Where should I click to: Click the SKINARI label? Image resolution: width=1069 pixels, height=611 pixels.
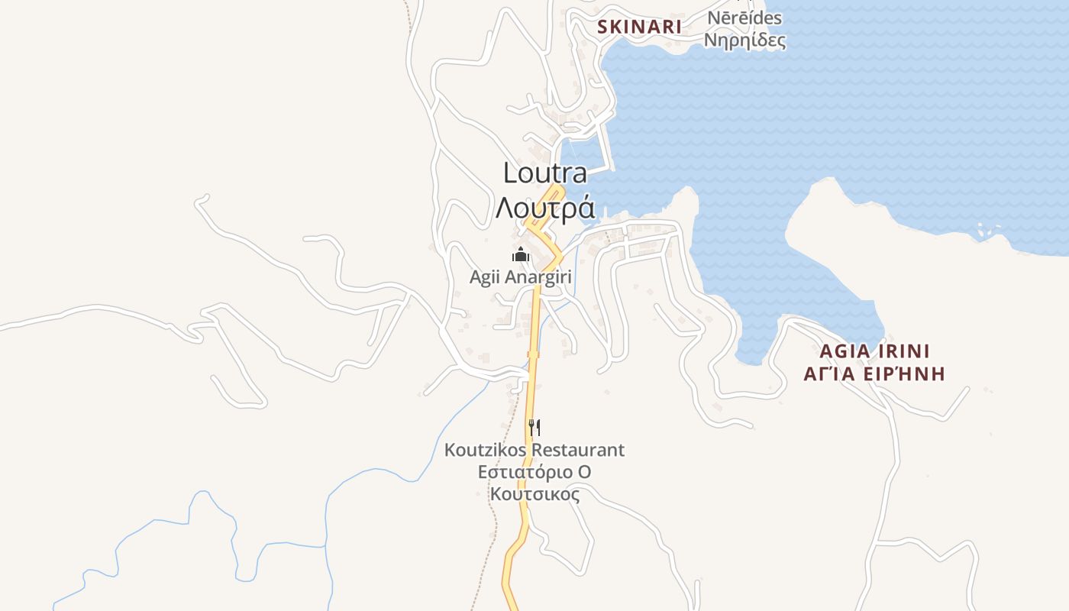(x=639, y=27)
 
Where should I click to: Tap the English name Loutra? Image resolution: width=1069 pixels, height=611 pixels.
(x=545, y=173)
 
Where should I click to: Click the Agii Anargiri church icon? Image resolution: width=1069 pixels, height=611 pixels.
(x=521, y=254)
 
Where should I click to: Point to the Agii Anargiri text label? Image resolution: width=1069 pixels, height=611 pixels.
(x=521, y=276)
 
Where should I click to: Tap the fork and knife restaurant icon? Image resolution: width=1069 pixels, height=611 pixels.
(x=534, y=427)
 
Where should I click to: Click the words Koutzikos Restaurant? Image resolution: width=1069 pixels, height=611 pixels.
(x=534, y=450)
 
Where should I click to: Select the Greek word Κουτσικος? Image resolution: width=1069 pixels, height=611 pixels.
(x=534, y=494)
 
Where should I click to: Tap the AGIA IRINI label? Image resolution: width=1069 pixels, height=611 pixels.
(x=874, y=351)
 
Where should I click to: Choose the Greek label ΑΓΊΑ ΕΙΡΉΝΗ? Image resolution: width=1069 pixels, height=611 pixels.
(x=874, y=373)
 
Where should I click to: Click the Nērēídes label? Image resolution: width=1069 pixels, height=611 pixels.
(x=744, y=18)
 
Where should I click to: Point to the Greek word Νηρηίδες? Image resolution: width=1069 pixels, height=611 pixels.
(x=744, y=40)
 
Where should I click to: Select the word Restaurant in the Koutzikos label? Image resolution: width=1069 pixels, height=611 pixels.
(x=578, y=450)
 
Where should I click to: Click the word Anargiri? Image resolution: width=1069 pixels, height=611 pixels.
(x=538, y=276)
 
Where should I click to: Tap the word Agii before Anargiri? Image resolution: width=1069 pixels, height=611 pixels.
(x=484, y=276)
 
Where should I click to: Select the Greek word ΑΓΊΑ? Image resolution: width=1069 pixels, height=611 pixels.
(x=828, y=373)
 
